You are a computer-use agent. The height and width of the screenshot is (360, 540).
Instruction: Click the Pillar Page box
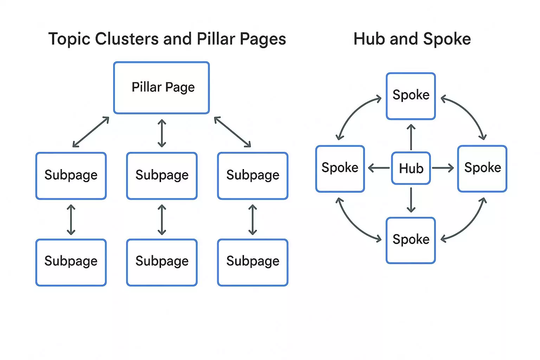(161, 88)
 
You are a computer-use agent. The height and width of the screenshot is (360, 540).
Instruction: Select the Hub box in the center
(411, 168)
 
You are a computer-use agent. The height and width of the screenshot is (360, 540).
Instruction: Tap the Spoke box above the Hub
(411, 96)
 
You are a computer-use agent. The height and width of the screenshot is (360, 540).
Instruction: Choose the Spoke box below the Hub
(411, 240)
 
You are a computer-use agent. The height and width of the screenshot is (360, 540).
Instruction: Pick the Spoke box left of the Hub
(340, 168)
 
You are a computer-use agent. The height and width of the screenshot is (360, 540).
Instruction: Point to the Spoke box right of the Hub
(482, 168)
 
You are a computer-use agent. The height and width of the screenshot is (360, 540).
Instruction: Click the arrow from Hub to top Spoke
(411, 137)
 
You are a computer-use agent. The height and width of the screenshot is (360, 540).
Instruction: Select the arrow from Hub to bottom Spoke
(411, 200)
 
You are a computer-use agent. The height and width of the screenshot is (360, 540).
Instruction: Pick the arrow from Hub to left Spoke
(379, 168)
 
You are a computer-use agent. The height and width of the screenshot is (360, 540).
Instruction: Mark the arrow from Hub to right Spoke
(443, 168)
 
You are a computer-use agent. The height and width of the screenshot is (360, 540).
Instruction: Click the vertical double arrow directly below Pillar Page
(162, 133)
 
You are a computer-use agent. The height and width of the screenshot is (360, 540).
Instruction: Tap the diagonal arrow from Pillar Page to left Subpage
(91, 132)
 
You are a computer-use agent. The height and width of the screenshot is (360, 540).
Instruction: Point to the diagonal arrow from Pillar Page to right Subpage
(232, 132)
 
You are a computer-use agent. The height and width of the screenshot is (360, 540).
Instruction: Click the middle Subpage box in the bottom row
(162, 262)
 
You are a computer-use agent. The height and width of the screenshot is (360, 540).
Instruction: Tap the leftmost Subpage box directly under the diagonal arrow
(71, 176)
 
